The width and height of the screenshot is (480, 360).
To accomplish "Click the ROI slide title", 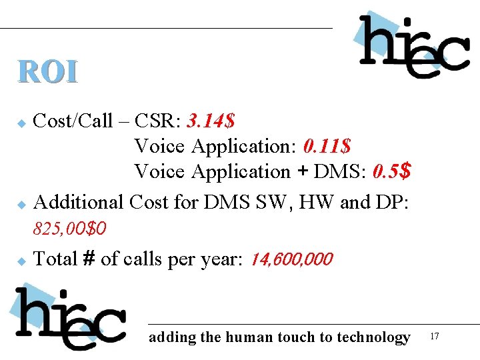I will click(x=48, y=72).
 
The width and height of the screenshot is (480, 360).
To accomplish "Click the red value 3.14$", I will click(x=211, y=121).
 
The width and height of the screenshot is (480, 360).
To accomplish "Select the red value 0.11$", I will click(x=327, y=146).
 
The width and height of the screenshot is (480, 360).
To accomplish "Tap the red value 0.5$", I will click(x=391, y=171).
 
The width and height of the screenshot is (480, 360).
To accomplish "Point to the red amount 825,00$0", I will click(x=70, y=229).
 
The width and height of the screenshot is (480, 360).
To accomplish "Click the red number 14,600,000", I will click(x=291, y=259).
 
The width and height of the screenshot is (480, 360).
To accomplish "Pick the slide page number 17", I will click(x=435, y=336).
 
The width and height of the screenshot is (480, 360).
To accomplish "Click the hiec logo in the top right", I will click(x=413, y=45).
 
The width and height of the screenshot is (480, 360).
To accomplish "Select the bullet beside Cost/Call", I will click(x=21, y=123).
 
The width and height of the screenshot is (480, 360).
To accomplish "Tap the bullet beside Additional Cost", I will click(x=21, y=203).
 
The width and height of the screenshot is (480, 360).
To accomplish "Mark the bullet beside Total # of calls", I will click(x=21, y=261).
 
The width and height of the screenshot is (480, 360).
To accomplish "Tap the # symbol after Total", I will click(x=89, y=259).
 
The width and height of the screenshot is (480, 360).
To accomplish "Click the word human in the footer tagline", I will click(x=245, y=337).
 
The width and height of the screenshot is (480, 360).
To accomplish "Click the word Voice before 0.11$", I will click(x=160, y=146).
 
